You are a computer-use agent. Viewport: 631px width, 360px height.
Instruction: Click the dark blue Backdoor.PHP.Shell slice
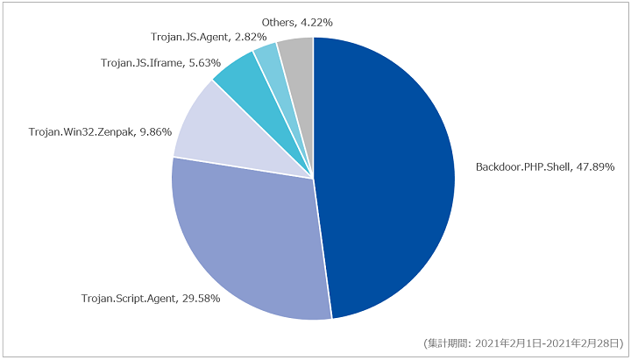386,177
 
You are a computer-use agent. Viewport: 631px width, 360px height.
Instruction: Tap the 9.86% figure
155,132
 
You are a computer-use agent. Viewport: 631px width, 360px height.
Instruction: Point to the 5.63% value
204,63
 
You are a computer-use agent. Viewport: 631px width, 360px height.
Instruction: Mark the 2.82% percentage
251,37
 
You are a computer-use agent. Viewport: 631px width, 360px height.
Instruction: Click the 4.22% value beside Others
316,23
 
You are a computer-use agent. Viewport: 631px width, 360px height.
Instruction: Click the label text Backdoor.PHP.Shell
522,167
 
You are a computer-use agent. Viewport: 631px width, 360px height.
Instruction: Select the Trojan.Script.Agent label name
128,299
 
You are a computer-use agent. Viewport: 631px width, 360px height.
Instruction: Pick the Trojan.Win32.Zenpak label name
82,132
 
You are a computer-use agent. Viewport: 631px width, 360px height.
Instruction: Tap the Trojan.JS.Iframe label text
142,63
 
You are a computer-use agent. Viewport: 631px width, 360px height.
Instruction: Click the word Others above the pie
278,23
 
